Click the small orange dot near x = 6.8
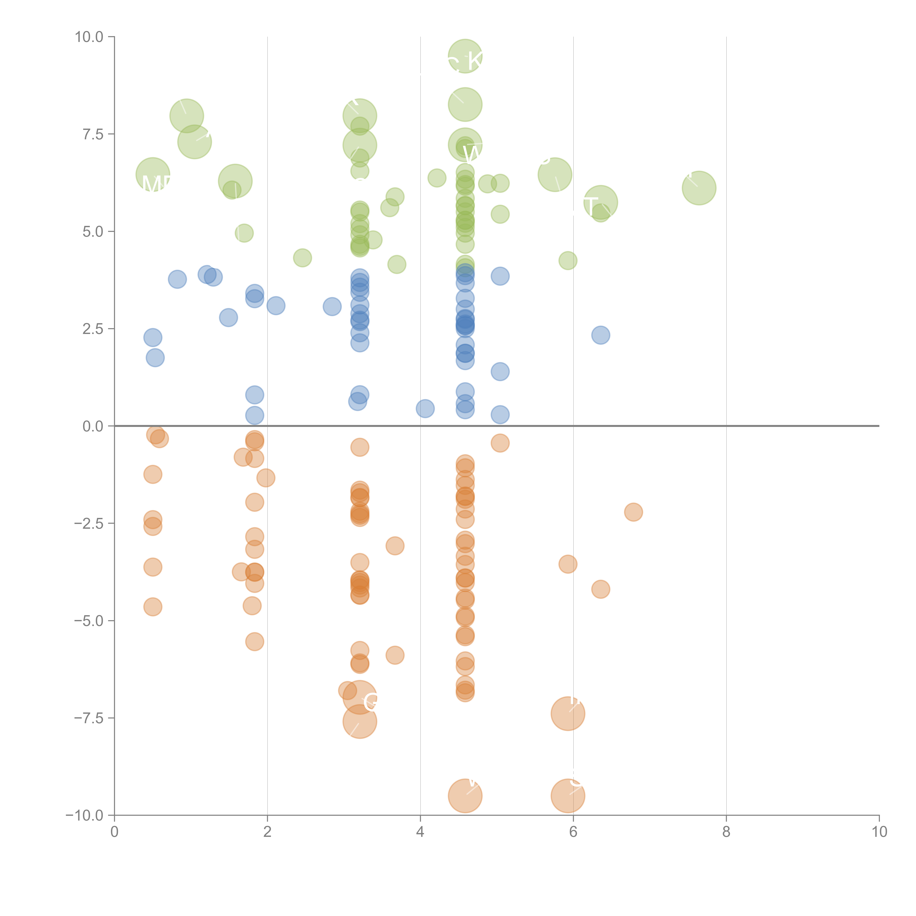click(x=634, y=512)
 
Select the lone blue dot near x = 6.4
click(x=601, y=335)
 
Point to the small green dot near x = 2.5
click(x=302, y=258)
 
